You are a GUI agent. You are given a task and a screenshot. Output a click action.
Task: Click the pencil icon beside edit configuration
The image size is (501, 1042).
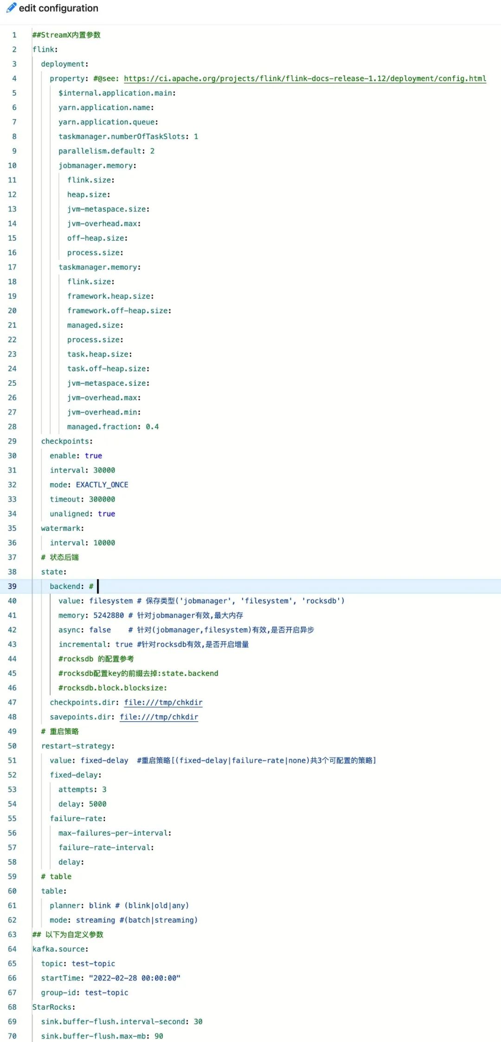[x=11, y=8]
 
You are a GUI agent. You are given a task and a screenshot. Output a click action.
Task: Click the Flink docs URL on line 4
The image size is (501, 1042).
[x=305, y=78]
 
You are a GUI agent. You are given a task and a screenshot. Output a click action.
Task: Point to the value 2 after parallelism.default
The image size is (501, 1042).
[x=152, y=151]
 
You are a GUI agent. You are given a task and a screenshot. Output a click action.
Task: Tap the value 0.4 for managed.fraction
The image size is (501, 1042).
[x=152, y=427]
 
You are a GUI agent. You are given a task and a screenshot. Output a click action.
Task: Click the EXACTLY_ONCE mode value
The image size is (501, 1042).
[x=102, y=485]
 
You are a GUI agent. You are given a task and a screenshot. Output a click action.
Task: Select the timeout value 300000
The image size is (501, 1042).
[x=102, y=499]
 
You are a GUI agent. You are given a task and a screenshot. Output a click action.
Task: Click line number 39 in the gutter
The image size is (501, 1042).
[x=12, y=586]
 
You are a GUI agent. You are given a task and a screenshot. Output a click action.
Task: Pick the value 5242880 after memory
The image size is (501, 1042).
[x=109, y=615]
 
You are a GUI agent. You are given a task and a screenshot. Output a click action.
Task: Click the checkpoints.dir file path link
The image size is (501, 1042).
[x=163, y=702]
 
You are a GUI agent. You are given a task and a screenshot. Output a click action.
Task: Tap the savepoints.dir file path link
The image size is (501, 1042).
[x=159, y=717]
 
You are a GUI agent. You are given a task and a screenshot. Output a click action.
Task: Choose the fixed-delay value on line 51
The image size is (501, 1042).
[x=104, y=760]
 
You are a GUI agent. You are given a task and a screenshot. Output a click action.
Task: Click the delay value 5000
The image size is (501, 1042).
[x=97, y=804]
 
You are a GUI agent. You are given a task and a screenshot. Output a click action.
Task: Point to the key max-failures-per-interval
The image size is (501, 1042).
[x=114, y=833]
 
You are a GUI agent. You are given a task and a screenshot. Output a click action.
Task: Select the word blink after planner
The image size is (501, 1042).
[x=100, y=906]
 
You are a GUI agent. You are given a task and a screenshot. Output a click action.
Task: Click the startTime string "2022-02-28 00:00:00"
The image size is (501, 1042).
[x=135, y=978]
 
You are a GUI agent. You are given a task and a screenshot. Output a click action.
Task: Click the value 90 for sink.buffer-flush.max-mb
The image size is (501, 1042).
[x=159, y=1036]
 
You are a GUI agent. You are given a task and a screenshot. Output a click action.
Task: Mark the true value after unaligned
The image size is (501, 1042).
[x=106, y=514]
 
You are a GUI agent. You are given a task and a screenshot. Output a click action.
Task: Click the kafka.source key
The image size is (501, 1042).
[x=60, y=949]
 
